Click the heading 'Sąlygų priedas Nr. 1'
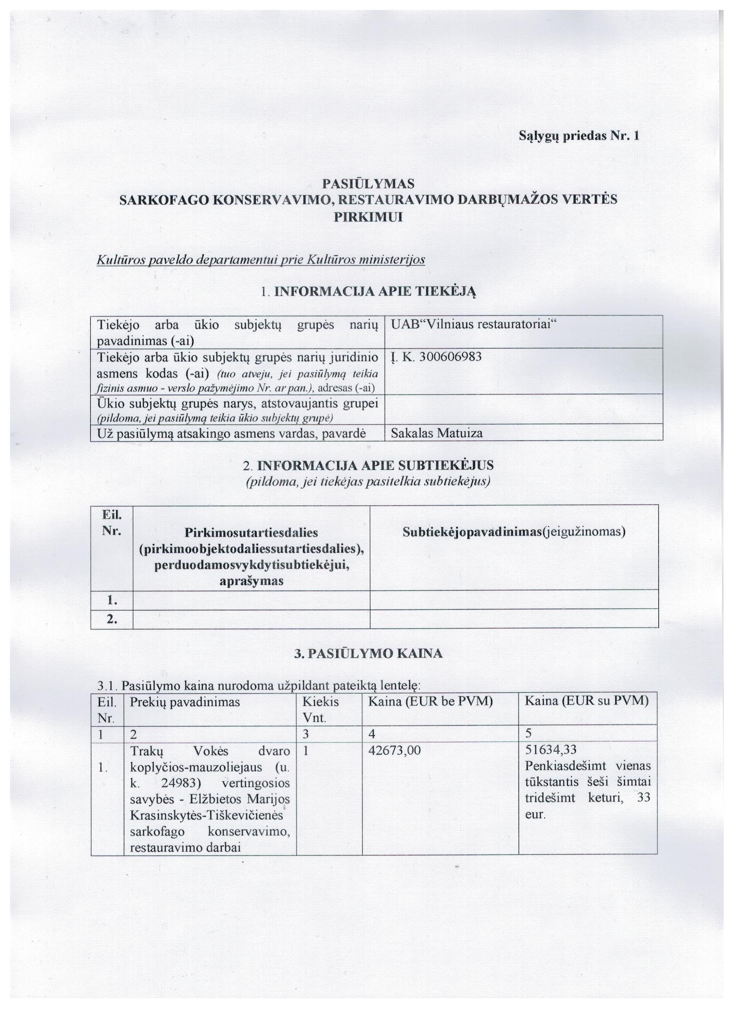pyautogui.click(x=579, y=136)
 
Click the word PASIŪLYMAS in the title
pyautogui.click(x=368, y=183)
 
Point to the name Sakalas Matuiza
pyautogui.click(x=436, y=433)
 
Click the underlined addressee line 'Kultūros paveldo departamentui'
pyautogui.click(x=260, y=259)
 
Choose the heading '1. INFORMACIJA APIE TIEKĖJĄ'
pyautogui.click(x=368, y=292)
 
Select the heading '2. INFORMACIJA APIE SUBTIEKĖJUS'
pyautogui.click(x=368, y=465)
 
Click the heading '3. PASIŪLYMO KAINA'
pyautogui.click(x=368, y=653)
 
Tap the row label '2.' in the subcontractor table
pyautogui.click(x=112, y=619)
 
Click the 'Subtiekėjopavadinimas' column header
pyautogui.click(x=514, y=532)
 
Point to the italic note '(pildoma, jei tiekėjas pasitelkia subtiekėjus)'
pyautogui.click(x=368, y=481)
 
